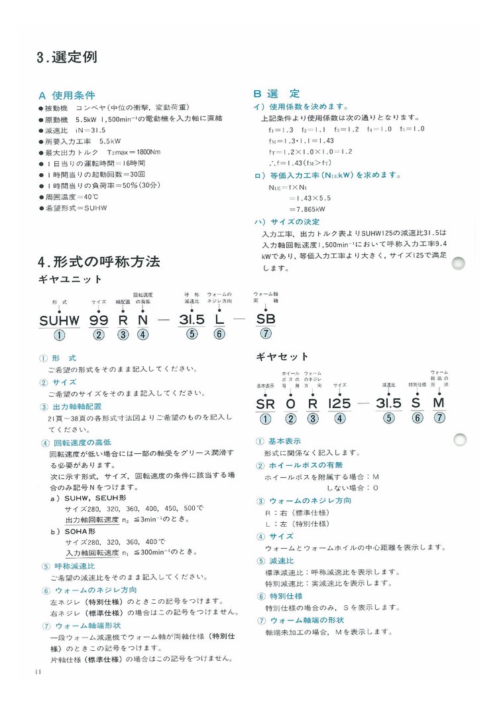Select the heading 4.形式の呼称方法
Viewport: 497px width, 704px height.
point(99,261)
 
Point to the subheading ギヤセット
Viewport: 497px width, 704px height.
point(282,356)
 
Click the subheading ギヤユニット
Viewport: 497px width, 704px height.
point(70,279)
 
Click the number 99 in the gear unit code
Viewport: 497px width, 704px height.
point(99,320)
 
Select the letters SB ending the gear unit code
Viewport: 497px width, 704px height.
point(266,318)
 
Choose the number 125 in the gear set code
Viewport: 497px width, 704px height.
point(339,403)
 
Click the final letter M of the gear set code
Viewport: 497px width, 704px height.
point(439,403)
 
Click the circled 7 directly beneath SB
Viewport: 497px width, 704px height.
point(266,334)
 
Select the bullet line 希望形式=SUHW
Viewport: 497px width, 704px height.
point(73,208)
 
